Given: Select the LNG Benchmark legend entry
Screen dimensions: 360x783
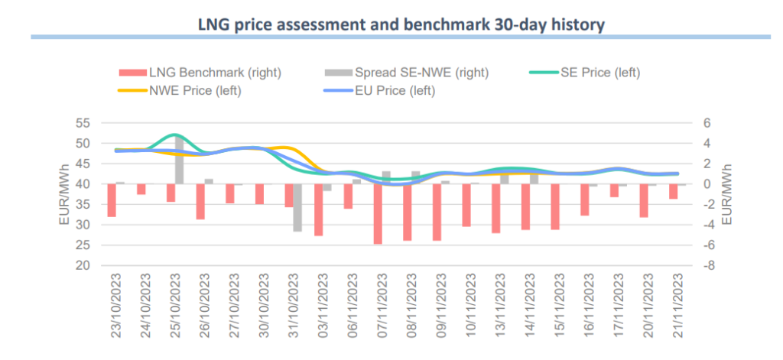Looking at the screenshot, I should (200, 73).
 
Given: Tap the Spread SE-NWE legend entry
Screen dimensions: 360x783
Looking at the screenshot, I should (407, 73).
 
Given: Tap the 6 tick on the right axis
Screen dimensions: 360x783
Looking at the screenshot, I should (707, 123).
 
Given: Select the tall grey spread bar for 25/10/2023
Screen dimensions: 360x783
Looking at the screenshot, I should (179, 160).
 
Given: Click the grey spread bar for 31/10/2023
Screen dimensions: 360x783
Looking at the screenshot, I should (297, 207).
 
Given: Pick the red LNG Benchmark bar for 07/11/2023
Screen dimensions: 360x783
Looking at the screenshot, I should (377, 214).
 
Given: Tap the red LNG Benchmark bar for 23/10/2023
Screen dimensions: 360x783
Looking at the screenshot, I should (112, 200).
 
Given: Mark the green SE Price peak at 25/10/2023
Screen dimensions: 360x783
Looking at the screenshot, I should (174, 135).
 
